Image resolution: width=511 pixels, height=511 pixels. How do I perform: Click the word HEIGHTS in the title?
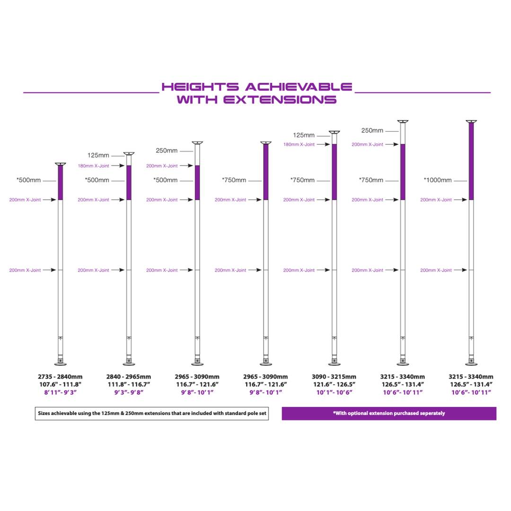200,87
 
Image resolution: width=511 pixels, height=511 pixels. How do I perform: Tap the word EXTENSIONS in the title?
280,99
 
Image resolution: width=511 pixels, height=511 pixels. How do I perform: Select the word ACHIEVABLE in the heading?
299,87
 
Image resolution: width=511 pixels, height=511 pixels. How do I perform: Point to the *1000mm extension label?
438,180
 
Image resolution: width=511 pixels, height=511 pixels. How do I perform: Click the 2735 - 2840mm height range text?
60,377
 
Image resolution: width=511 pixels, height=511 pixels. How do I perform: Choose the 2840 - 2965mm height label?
128,377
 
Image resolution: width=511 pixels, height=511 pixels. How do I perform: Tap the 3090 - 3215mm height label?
334,377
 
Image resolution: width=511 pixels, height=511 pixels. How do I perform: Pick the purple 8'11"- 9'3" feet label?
60,392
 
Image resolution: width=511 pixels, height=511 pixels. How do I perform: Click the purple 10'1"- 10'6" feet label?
334,392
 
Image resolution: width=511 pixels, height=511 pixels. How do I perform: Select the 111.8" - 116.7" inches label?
129,385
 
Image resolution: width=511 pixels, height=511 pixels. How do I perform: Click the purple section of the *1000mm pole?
471,161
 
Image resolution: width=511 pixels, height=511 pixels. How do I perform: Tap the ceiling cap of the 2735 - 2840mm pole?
60,164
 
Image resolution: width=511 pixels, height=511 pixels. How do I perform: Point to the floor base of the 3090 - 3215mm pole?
335,363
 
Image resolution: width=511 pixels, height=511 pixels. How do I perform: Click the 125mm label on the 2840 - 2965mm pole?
98,156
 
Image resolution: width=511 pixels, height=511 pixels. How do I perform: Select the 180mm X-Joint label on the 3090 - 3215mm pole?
299,144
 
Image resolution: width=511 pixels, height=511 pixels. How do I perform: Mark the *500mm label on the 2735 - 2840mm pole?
29,180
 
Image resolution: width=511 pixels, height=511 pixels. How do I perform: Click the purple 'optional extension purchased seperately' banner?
389,413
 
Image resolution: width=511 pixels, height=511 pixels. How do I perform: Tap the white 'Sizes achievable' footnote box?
152,413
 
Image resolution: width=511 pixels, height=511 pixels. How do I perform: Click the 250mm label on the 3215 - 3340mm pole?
372,131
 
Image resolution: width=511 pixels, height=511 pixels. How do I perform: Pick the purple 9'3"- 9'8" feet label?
129,392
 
